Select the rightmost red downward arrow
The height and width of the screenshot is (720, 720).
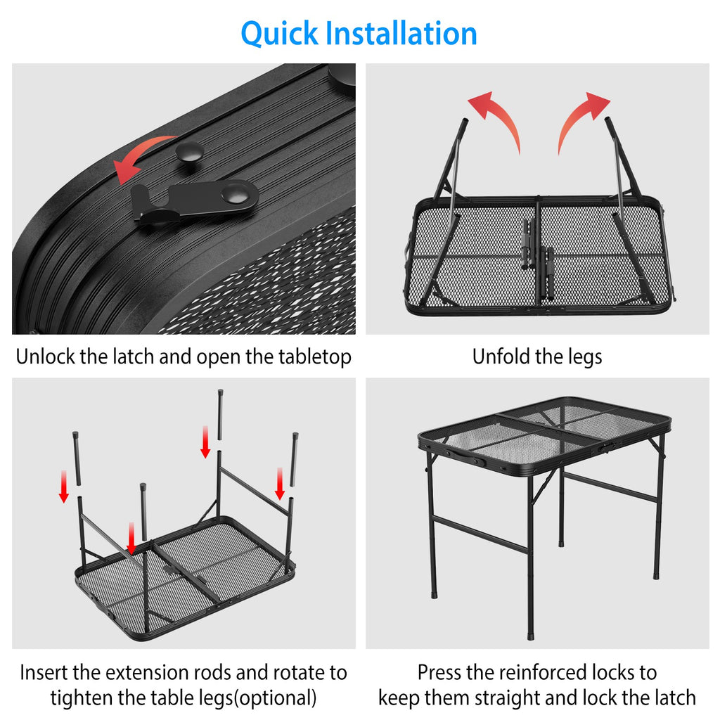(x=280, y=484)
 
